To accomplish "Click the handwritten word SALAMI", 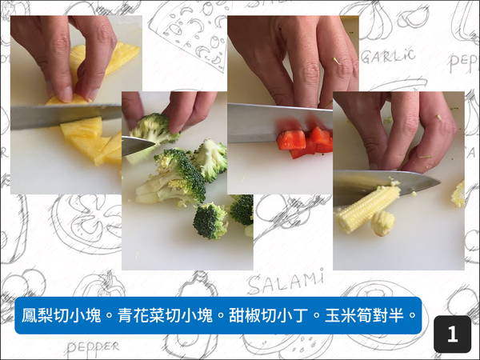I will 285,281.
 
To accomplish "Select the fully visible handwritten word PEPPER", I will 93,346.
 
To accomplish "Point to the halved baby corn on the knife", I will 368,207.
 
